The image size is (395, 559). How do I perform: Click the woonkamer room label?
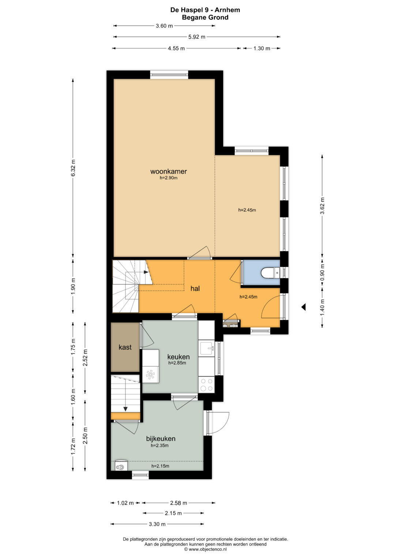pos(169,171)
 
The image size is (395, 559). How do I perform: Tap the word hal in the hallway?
pos(195,288)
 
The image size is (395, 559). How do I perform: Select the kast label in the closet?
pos(125,347)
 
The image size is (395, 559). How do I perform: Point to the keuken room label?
pos(178,357)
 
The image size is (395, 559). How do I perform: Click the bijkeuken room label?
pos(161,438)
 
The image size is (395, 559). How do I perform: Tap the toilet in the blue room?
pos(268,272)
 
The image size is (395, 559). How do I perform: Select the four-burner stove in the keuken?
pos(207,384)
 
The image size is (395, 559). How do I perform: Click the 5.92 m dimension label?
pos(197,37)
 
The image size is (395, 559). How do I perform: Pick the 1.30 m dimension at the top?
pos(262,48)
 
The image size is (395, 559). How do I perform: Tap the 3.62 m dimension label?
pos(323,206)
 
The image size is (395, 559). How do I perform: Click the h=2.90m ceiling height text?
pos(169,178)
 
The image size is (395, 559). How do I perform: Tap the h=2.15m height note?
pos(160,466)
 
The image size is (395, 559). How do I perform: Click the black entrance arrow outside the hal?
pos(304,307)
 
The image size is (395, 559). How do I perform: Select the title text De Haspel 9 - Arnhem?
pos(205,10)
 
